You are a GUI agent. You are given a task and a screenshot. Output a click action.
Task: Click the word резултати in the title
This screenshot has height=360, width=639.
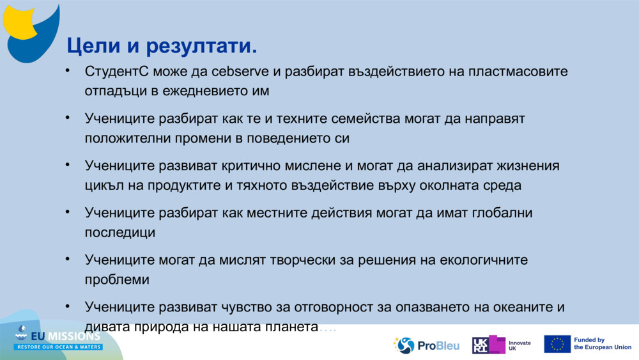point(202,46)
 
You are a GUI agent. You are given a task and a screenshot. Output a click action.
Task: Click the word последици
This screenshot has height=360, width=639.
point(119,233)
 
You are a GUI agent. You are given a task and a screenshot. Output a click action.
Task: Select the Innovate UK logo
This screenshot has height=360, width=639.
point(501,345)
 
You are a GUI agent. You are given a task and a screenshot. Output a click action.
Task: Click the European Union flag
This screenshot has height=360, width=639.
point(557,344)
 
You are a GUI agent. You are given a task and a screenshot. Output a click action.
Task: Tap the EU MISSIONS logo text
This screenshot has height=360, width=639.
point(59,336)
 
